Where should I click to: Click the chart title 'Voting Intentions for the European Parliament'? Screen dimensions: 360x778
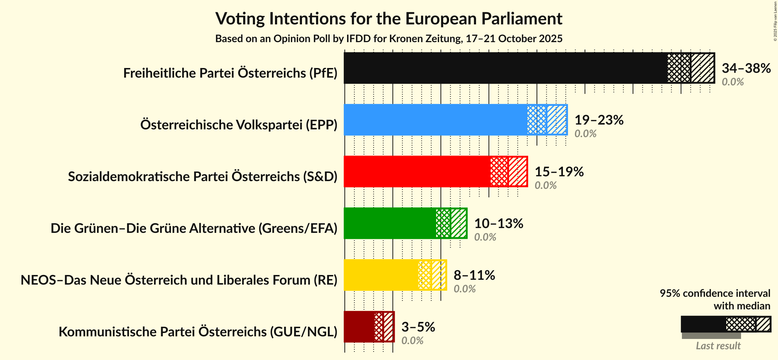[389, 18]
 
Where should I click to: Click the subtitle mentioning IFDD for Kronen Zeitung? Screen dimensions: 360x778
[389, 39]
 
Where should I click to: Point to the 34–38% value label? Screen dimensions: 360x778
[746, 68]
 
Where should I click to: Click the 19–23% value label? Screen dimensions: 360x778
[599, 120]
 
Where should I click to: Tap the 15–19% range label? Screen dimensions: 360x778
[559, 171]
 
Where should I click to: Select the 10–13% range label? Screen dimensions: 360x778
[498, 223]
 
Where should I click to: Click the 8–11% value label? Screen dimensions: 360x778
[474, 275]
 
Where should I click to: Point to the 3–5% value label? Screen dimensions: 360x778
[418, 327]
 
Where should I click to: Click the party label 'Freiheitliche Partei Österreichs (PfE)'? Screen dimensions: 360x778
[230, 73]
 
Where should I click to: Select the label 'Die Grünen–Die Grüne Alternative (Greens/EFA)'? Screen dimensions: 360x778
[194, 228]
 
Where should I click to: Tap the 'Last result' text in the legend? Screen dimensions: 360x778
[718, 346]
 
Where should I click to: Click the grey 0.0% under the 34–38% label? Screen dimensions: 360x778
[732, 82]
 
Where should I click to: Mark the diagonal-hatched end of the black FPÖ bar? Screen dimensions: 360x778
[702, 68]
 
